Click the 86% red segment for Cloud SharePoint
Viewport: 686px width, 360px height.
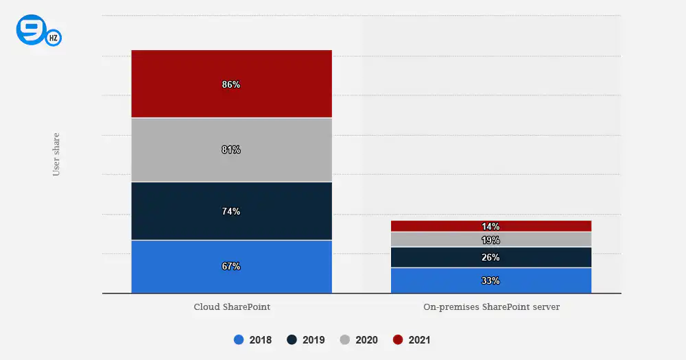[x=231, y=84]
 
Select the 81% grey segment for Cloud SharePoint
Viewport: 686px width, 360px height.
[x=231, y=149]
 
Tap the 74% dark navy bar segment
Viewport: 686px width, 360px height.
[x=231, y=211]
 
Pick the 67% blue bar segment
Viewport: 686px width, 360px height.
[x=231, y=266]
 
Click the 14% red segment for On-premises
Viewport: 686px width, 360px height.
[x=491, y=226]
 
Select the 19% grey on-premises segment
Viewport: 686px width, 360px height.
[x=491, y=240]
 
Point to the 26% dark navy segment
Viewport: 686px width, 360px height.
[x=491, y=257]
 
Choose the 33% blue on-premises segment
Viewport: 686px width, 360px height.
[x=491, y=280]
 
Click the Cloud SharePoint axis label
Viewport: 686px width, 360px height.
[x=232, y=307]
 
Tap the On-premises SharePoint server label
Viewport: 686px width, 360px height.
[x=491, y=307]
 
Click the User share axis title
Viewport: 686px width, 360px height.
[x=56, y=154]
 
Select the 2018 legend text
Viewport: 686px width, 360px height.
[x=260, y=340]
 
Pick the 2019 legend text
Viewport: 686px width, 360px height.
[x=314, y=340]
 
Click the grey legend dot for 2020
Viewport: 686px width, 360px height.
[x=345, y=339]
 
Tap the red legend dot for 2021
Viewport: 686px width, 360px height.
[x=398, y=339]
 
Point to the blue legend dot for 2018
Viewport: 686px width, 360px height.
[x=239, y=339]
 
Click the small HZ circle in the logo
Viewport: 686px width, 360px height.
[x=54, y=38]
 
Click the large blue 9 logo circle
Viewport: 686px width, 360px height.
[x=31, y=29]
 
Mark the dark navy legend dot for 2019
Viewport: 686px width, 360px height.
[x=292, y=339]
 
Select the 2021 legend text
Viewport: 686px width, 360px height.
[x=420, y=340]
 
